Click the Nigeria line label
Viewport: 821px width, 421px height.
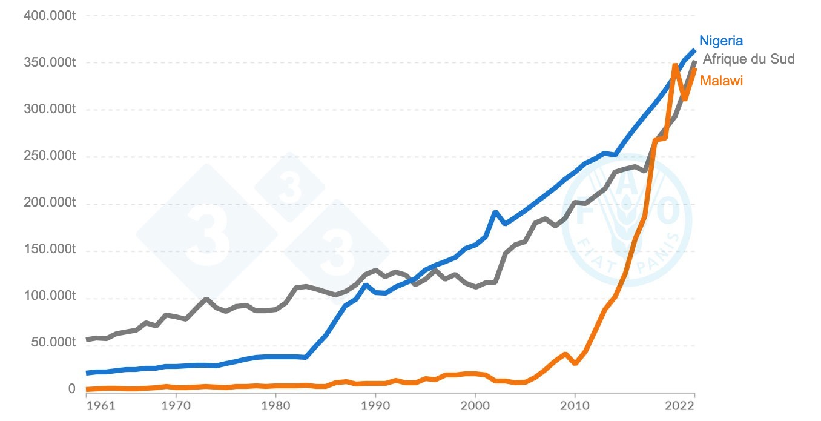(x=720, y=41)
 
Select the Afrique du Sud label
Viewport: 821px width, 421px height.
(x=748, y=59)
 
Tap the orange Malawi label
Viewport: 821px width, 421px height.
(x=721, y=81)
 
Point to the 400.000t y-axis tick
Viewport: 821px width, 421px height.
(x=50, y=16)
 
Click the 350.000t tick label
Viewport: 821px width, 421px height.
(x=50, y=63)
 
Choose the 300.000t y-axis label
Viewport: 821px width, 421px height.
(x=50, y=110)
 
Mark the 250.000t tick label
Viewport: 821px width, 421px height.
(x=50, y=157)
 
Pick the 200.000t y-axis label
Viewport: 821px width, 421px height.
(x=50, y=204)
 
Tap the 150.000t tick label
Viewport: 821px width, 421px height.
(x=50, y=251)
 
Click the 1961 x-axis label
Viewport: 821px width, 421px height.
(x=101, y=404)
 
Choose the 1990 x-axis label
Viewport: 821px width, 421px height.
(x=375, y=404)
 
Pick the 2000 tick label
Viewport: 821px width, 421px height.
(x=475, y=404)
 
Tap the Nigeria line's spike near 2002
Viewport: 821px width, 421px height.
(x=495, y=212)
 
